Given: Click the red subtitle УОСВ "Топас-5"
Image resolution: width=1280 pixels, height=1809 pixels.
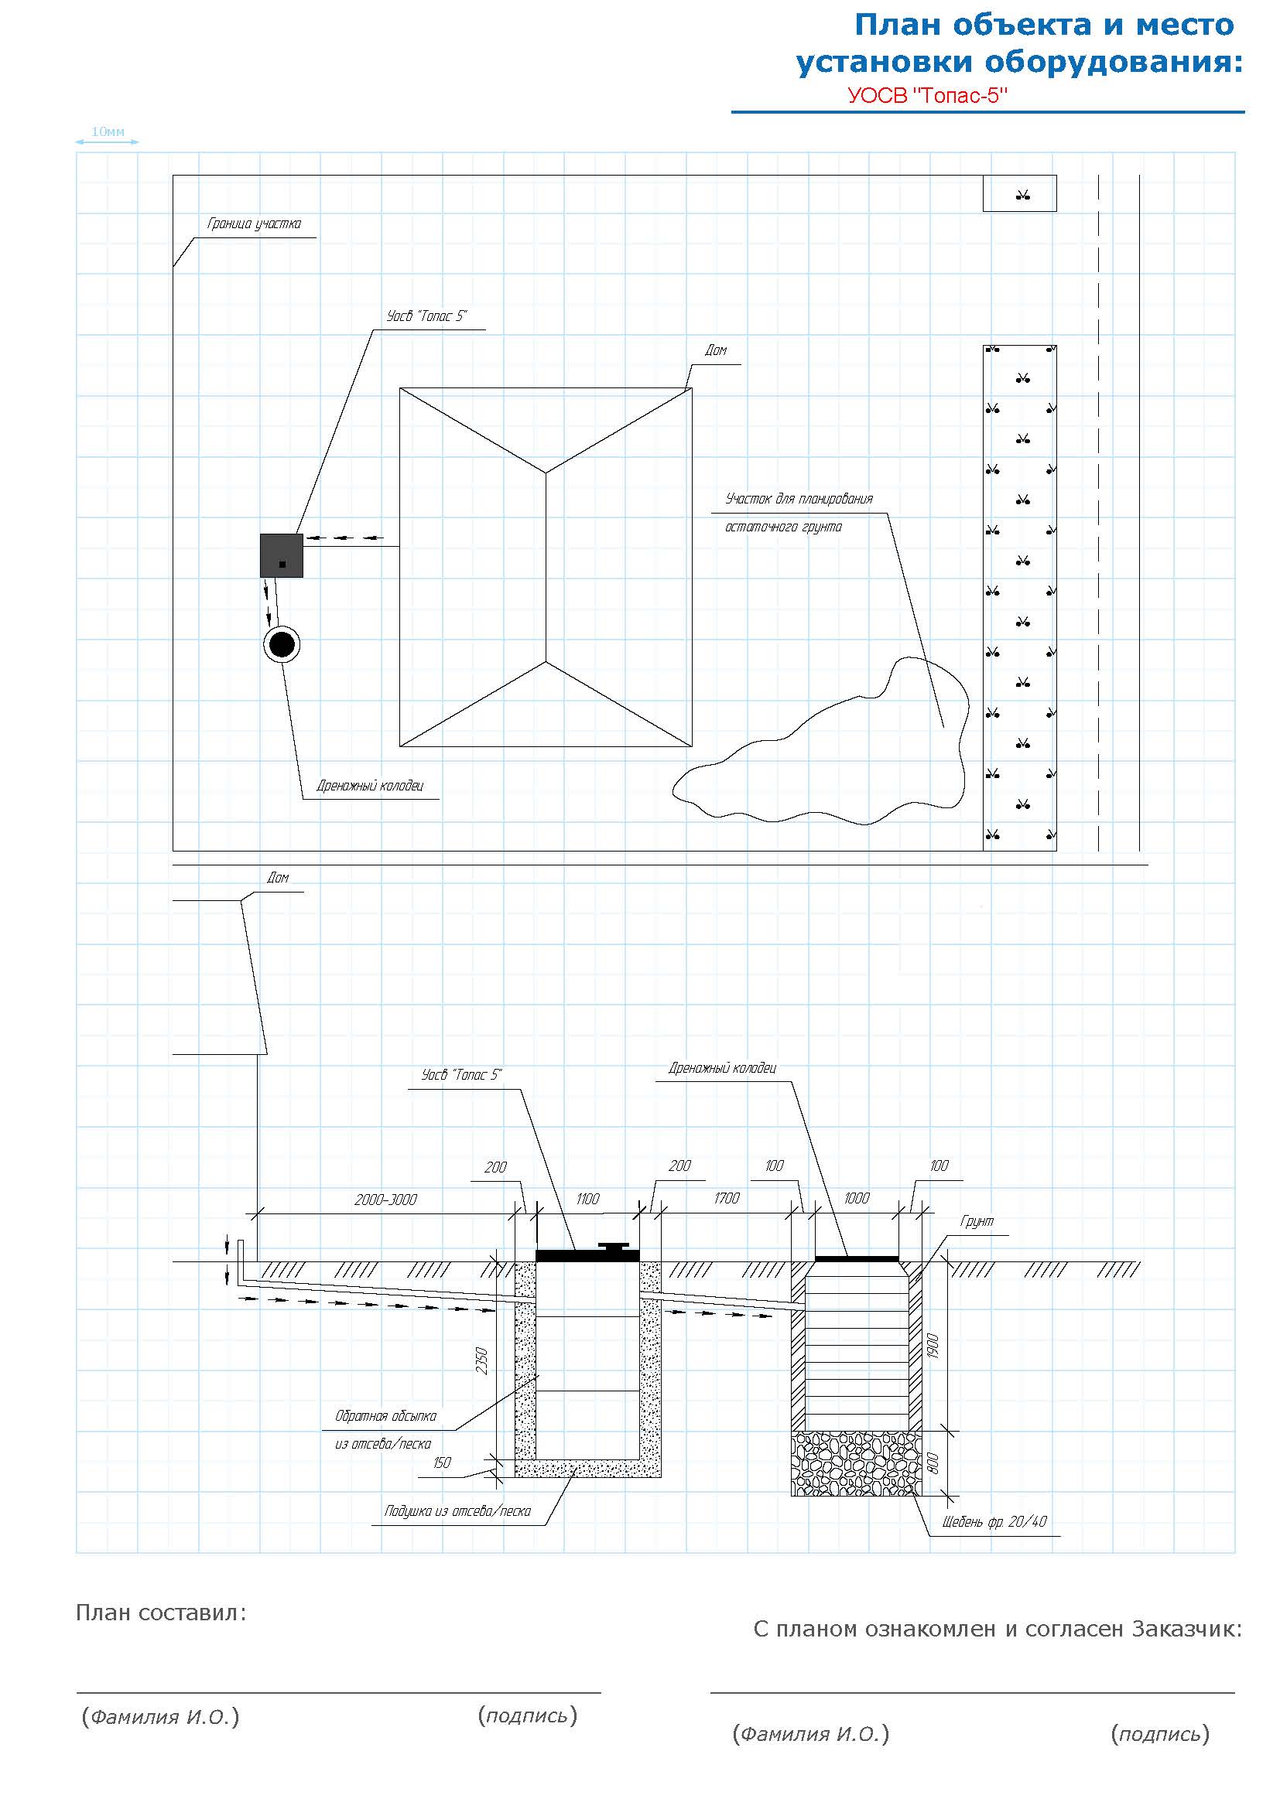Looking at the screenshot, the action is pyautogui.click(x=928, y=95).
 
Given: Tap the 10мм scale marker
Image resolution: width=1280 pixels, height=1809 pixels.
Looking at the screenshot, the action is pyautogui.click(x=108, y=131).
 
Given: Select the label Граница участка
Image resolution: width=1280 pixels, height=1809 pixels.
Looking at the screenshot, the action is pyautogui.click(x=254, y=224).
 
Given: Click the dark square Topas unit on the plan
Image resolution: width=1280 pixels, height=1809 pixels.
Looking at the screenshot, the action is pyautogui.click(x=282, y=555).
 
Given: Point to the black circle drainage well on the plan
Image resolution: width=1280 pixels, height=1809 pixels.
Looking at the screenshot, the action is pyautogui.click(x=282, y=644).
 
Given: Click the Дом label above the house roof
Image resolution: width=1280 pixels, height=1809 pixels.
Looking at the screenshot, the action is pyautogui.click(x=716, y=350).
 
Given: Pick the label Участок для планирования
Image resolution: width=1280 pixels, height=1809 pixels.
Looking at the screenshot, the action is pyautogui.click(x=799, y=499).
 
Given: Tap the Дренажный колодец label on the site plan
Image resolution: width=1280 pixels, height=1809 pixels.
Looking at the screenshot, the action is pyautogui.click(x=370, y=786).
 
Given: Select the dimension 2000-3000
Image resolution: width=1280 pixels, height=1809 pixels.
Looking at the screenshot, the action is pyautogui.click(x=385, y=1200).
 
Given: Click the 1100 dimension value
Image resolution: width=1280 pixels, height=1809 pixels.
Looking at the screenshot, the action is pyautogui.click(x=587, y=1198).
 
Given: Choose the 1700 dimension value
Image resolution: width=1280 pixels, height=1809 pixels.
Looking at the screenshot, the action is pyautogui.click(x=726, y=1197).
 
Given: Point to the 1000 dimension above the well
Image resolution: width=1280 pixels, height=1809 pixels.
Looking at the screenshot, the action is pyautogui.click(x=856, y=1197).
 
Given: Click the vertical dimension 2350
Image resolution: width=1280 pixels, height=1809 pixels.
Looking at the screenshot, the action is pyautogui.click(x=481, y=1360).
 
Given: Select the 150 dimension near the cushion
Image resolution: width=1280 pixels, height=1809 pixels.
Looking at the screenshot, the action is pyautogui.click(x=442, y=1463).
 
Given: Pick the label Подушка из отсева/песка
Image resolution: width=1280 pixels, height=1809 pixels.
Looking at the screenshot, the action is pyautogui.click(x=457, y=1510).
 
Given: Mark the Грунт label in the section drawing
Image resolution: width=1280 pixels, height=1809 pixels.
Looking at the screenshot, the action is pyautogui.click(x=977, y=1221).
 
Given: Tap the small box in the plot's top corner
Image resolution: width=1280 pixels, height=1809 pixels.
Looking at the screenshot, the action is pyautogui.click(x=1019, y=194).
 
